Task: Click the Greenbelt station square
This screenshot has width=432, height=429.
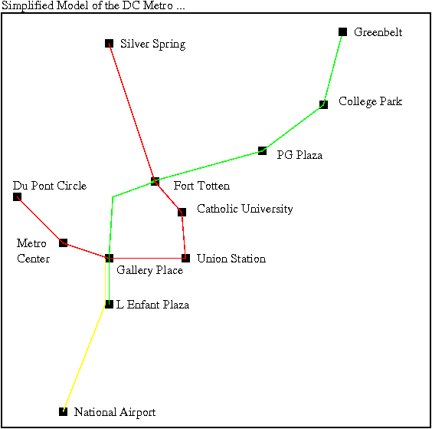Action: (x=342, y=31)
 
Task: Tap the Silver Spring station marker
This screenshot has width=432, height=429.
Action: (x=109, y=43)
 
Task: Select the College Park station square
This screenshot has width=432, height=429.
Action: (x=323, y=104)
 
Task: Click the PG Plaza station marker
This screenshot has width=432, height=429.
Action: (x=262, y=150)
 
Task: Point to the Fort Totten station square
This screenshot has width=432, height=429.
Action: (x=155, y=181)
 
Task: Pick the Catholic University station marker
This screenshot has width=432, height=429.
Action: (x=182, y=212)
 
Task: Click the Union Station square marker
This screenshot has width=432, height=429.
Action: (x=185, y=258)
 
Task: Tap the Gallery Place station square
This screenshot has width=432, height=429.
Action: (x=109, y=258)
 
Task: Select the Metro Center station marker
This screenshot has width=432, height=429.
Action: (x=63, y=243)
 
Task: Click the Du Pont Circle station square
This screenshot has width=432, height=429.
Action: (x=17, y=196)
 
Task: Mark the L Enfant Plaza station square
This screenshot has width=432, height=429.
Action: (x=109, y=304)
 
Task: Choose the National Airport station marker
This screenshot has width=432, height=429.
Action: (x=63, y=411)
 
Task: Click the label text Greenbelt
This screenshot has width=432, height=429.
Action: (x=378, y=32)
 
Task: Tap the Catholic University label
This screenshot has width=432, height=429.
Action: (x=244, y=209)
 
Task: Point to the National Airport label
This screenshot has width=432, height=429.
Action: (x=115, y=412)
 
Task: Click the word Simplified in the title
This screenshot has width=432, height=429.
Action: (x=28, y=6)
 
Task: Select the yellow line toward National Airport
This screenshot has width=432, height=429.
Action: (x=83, y=358)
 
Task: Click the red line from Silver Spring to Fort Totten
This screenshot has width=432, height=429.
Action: (x=132, y=112)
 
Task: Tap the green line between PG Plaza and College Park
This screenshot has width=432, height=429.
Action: (x=293, y=127)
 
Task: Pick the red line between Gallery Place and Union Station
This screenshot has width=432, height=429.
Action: (x=147, y=258)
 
